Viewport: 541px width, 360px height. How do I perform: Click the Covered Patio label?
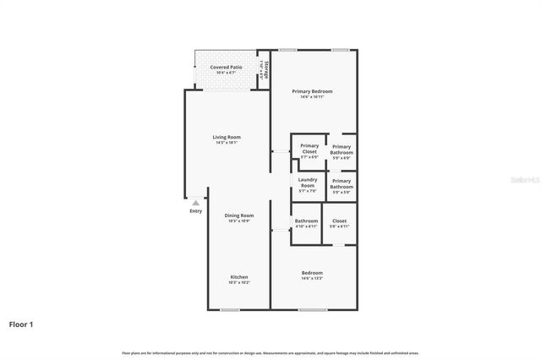tap(226, 66)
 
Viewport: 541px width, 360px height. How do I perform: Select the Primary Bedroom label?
tap(312, 90)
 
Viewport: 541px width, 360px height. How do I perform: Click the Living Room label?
tap(227, 137)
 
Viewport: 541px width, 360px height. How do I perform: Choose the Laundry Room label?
tap(308, 182)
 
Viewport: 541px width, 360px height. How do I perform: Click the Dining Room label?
tap(239, 215)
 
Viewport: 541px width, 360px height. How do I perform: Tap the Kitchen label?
tap(239, 277)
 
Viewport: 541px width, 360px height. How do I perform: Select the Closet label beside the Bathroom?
tap(339, 221)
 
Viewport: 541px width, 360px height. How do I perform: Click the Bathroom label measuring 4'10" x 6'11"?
tap(306, 221)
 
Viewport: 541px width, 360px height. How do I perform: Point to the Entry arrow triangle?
tap(195, 203)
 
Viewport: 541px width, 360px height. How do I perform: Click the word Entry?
tap(195, 211)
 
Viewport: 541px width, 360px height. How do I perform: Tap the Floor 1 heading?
tap(21, 324)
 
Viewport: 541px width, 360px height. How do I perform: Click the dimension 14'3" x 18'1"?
tap(227, 143)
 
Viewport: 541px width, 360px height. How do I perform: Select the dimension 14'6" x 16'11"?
tap(312, 96)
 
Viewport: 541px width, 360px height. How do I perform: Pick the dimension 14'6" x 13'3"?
tap(312, 278)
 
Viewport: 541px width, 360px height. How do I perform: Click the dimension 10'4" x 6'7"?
tap(226, 72)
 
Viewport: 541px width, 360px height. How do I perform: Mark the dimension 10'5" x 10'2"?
tap(239, 283)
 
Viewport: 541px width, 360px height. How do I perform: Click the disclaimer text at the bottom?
tap(270, 352)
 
